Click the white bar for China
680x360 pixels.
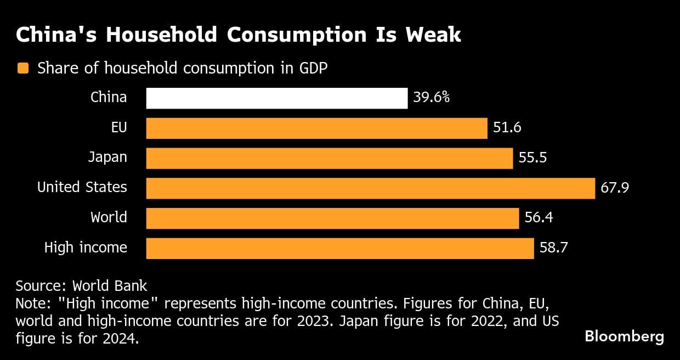coord(277,98)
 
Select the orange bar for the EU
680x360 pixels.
coord(316,128)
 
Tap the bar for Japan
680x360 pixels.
coord(329,158)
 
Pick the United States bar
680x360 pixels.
coord(370,188)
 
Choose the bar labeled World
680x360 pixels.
coord(332,218)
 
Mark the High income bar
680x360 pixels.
coord(339,248)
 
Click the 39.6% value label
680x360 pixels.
coord(432,98)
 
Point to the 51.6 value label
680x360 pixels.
coord(507,128)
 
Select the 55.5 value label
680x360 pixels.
coord(532,158)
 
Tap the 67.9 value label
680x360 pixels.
coord(614,188)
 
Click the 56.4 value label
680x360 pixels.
coord(539,218)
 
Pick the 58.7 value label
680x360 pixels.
coord(553,248)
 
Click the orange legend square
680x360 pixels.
coord(23,69)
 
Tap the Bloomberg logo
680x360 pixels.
coord(624,336)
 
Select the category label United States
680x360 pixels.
coord(82,188)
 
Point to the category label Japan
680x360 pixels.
coord(107,157)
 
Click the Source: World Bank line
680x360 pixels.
coord(81,286)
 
